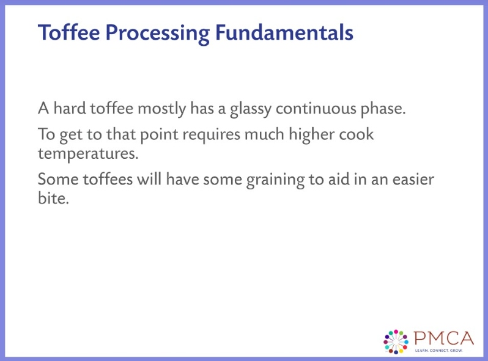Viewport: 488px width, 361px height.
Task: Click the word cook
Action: click(360, 134)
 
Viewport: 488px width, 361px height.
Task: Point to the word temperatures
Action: click(88, 153)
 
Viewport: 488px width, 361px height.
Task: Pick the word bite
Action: click(51, 199)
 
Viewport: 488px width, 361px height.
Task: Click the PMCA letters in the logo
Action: click(443, 338)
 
